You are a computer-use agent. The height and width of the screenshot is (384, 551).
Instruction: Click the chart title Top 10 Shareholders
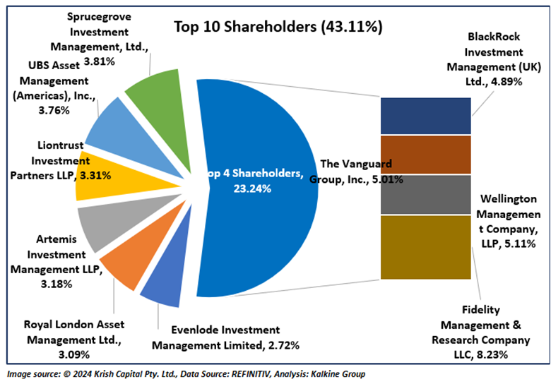pos(278,28)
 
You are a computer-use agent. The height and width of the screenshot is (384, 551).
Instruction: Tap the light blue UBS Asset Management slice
pos(113,120)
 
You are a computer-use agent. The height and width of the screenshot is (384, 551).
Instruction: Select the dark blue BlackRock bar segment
pos(425,116)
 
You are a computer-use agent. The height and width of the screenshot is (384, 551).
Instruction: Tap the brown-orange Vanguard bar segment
pos(425,154)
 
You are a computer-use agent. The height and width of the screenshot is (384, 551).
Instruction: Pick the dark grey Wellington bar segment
pos(425,194)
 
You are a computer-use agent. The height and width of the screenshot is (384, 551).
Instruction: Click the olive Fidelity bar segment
pos(425,247)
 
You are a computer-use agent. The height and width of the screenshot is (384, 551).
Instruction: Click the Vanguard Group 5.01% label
pos(357,172)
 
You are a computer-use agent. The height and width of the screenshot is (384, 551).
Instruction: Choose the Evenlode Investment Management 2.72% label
pos(226,337)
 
